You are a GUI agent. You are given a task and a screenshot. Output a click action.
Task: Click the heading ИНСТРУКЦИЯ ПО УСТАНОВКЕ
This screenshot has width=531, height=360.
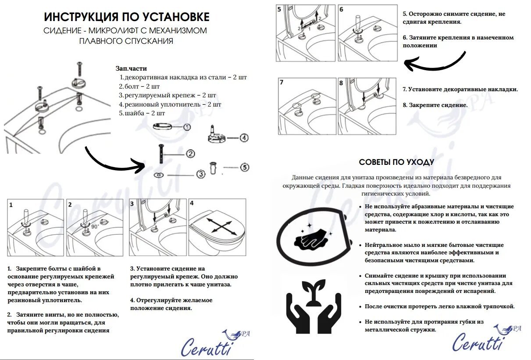(127, 17)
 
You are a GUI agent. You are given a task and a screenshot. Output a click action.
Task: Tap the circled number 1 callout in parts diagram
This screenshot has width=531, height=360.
(187, 127)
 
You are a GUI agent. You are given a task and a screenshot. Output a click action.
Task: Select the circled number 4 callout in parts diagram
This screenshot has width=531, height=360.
(244, 138)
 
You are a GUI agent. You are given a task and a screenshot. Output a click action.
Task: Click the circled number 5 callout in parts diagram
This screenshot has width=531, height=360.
(245, 167)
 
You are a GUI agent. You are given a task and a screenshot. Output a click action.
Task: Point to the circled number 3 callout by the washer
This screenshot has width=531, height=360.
(201, 174)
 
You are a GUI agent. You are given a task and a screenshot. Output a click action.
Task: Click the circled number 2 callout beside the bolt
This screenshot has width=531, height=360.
(190, 153)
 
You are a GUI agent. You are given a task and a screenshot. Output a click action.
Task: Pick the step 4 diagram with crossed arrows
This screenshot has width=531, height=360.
(217, 228)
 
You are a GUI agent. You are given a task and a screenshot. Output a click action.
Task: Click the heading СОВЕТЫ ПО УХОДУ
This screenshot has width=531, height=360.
(396, 162)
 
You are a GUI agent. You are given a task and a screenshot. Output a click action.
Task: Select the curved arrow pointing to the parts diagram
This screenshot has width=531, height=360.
(114, 160)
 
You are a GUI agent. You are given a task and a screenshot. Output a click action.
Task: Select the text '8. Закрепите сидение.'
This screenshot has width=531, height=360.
(435, 105)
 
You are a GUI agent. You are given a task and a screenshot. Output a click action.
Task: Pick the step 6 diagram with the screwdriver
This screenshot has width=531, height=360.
(367, 33)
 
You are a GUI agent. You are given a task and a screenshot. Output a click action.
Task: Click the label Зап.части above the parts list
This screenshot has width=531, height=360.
(131, 68)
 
